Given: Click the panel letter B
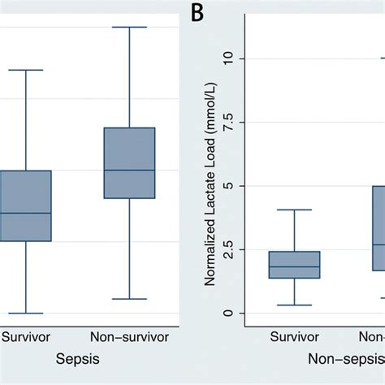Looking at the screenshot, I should (x=197, y=13).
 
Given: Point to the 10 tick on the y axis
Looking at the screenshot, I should (x=227, y=58).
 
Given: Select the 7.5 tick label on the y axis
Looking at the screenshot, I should (x=227, y=122).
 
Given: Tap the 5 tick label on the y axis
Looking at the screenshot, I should (x=227, y=186).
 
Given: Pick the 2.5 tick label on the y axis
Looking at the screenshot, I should (x=227, y=249).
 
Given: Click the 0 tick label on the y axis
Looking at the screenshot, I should (x=227, y=314).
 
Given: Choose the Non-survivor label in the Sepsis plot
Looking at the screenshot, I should (x=129, y=334).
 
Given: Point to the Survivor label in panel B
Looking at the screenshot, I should (x=295, y=334).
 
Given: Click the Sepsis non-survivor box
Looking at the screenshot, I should (x=130, y=162).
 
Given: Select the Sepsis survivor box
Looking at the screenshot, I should (x=25, y=205).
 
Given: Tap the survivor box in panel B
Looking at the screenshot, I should (x=295, y=265).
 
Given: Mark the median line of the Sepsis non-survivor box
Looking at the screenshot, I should (x=130, y=170).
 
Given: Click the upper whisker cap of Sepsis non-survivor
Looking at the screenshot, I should (x=130, y=27).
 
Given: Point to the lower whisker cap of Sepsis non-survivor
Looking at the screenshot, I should (x=130, y=299).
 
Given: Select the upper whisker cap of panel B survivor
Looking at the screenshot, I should (x=295, y=210).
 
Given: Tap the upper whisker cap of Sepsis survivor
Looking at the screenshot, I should (x=25, y=70).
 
